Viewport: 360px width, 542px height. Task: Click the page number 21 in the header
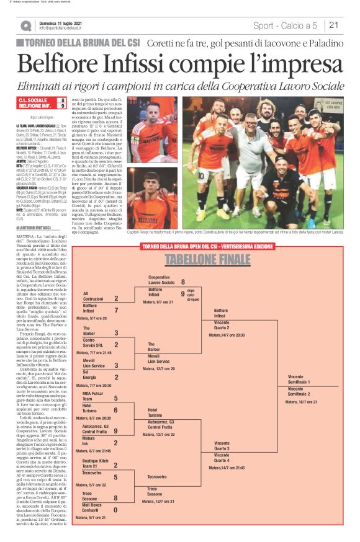click(333, 25)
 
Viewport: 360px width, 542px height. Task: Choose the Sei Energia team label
click(89, 374)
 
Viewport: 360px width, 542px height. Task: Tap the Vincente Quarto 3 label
click(222, 446)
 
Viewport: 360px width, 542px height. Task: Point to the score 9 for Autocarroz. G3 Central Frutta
click(115, 431)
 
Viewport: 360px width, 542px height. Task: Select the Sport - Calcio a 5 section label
click(285, 25)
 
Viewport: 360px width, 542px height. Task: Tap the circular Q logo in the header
click(26, 26)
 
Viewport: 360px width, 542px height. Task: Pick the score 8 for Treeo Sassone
click(115, 497)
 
